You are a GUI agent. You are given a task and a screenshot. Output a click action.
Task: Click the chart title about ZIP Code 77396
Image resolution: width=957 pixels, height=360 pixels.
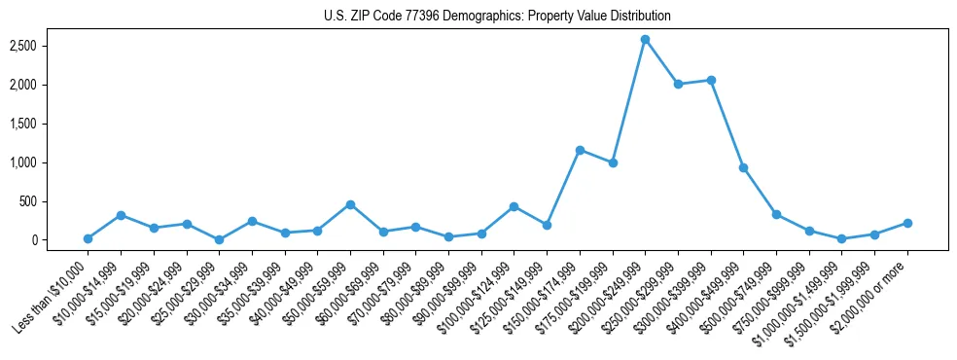click(x=497, y=17)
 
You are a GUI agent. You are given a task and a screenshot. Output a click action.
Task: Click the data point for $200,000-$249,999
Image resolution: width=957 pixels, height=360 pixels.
click(x=645, y=39)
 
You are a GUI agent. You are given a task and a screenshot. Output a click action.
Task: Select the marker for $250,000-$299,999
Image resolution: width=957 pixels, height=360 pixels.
click(x=678, y=84)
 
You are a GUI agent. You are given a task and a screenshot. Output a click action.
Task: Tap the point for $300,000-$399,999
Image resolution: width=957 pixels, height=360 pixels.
click(x=711, y=80)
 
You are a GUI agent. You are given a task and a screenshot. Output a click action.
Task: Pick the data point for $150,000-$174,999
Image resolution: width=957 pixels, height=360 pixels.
click(x=580, y=150)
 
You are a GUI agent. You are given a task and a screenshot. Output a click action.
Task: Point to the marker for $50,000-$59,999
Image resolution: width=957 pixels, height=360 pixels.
click(x=350, y=204)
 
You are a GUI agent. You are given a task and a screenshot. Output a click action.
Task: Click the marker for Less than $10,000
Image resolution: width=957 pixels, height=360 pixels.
click(x=88, y=238)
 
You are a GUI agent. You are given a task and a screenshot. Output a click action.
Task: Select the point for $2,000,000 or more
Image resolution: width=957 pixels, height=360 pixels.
click(x=907, y=223)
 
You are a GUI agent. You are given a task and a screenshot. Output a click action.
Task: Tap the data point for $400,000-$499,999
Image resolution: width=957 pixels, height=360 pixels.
click(x=743, y=167)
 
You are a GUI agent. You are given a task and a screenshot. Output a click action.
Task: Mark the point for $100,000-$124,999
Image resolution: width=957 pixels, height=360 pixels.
click(x=514, y=206)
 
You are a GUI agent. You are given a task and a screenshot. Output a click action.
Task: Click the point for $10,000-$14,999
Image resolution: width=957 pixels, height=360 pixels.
click(x=121, y=215)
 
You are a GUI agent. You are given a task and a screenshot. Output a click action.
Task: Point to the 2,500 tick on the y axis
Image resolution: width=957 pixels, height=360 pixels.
click(x=36, y=46)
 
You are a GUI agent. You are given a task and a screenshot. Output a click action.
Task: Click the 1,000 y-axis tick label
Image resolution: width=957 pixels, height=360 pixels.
click(x=36, y=162)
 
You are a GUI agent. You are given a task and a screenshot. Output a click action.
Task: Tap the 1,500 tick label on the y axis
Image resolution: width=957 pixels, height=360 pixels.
click(x=36, y=124)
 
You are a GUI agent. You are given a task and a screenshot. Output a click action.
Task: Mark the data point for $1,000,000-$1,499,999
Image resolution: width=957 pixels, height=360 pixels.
click(x=841, y=238)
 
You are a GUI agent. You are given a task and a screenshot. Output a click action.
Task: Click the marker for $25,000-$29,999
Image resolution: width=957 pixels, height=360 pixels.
click(x=219, y=239)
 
